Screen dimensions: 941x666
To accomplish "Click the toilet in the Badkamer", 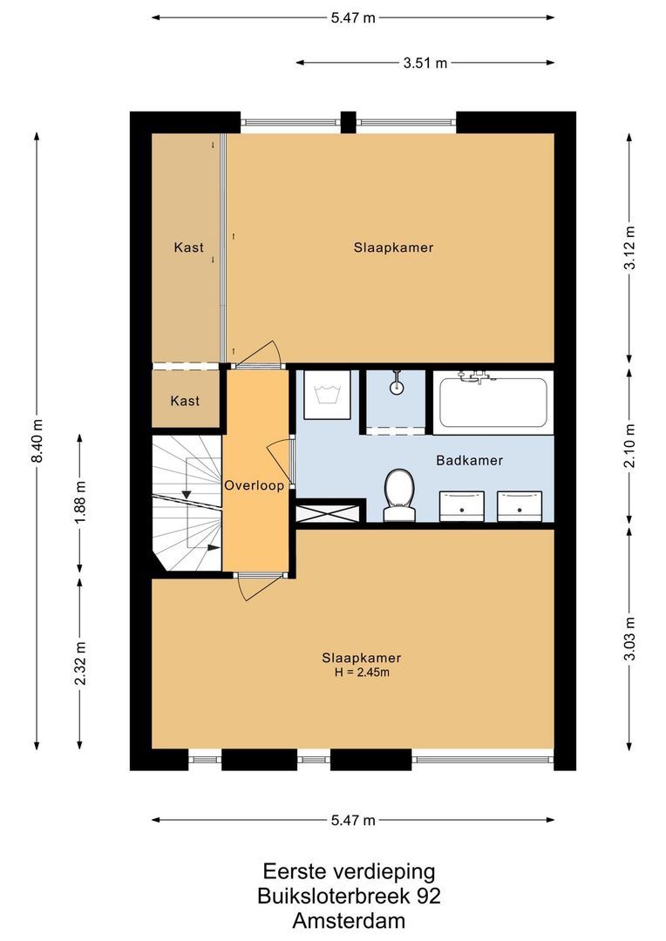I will (x=398, y=494).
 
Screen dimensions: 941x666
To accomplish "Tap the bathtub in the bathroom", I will (x=493, y=401).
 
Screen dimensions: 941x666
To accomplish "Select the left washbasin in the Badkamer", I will (x=462, y=504).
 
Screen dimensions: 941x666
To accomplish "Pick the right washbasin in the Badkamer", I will (x=520, y=504).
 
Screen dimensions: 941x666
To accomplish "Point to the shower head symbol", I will (x=397, y=382).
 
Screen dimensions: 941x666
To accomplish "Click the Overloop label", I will (x=254, y=485).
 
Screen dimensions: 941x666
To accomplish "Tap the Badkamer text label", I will (x=470, y=460).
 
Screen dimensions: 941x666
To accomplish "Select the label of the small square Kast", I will (x=185, y=401).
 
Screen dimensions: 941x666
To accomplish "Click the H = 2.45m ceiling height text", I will (x=361, y=673).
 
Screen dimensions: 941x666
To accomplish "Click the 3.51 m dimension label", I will (x=425, y=63).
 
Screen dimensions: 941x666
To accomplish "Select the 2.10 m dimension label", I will (x=629, y=444).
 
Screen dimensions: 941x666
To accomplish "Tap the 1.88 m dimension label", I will (x=79, y=503).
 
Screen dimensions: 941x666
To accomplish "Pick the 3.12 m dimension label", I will (x=629, y=247).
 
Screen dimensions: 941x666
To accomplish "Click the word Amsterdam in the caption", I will (x=348, y=920).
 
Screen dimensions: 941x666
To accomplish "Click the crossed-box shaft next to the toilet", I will (x=328, y=511).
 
